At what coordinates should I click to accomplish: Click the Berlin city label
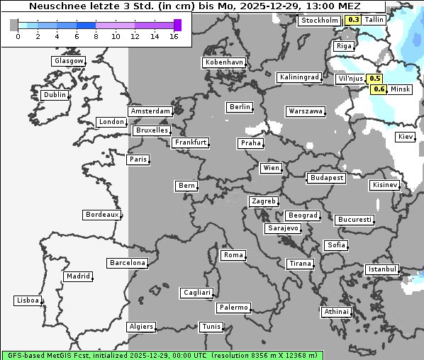[x=240, y=107]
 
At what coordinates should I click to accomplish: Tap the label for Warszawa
[x=306, y=111]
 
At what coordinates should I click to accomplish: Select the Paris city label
[x=138, y=159]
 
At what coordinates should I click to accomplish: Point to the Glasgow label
[x=69, y=61]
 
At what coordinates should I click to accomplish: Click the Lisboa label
[x=28, y=300]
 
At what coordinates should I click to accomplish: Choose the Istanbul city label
[x=382, y=269]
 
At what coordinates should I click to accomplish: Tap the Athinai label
[x=336, y=312]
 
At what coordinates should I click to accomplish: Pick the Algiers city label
[x=140, y=327]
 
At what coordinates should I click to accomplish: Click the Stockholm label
[x=319, y=21]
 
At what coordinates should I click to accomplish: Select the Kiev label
[x=406, y=137]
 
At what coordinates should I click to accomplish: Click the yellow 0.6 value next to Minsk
[x=379, y=89]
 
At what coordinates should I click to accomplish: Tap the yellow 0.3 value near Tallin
[x=353, y=21]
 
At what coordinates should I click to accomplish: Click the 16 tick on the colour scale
[x=174, y=36]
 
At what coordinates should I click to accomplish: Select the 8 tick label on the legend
[x=96, y=36]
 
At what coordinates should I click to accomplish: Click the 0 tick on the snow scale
[x=17, y=36]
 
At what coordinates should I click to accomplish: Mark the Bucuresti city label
[x=354, y=220]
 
